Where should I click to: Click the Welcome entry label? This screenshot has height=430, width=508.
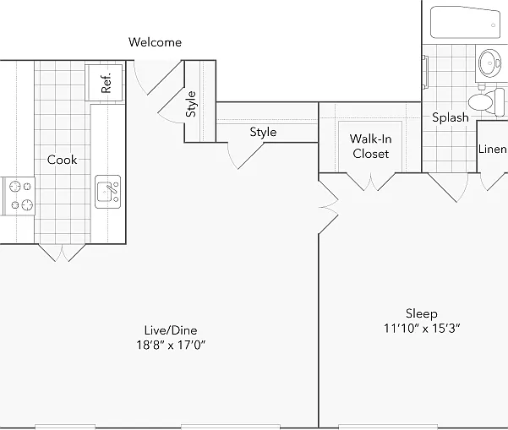click(155, 42)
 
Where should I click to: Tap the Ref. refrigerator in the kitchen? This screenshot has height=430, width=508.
click(104, 83)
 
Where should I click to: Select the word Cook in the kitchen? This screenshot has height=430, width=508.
click(62, 160)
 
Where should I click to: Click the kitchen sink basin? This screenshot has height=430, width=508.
click(108, 192)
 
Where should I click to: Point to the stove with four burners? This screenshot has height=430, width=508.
click(19, 196)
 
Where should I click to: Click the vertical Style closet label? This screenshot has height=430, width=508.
click(191, 104)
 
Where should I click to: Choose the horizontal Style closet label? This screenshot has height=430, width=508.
click(263, 132)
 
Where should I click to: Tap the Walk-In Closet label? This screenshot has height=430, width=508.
click(370, 146)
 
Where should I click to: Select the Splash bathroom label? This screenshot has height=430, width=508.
click(451, 117)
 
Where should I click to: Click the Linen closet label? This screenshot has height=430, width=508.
click(493, 149)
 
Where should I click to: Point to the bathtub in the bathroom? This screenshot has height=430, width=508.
click(465, 22)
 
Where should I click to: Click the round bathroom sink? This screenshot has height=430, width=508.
click(490, 63)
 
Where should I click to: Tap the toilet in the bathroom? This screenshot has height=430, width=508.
click(486, 101)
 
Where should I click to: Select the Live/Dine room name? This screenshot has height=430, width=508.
click(171, 330)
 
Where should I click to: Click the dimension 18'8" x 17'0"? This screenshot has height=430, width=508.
click(171, 346)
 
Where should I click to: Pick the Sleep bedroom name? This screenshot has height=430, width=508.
click(422, 313)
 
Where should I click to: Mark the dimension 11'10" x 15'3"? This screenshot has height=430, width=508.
click(422, 329)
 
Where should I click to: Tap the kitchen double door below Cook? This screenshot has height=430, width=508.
click(62, 253)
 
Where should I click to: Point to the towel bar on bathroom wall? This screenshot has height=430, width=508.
click(425, 72)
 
